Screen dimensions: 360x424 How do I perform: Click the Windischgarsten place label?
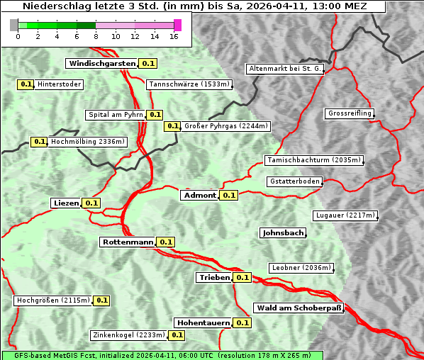(102, 63)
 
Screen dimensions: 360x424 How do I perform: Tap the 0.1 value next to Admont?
(228, 195)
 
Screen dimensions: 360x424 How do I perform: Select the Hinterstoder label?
(60, 84)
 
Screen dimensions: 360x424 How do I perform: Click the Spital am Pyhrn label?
(115, 115)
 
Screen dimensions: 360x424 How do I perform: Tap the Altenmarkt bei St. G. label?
(286, 69)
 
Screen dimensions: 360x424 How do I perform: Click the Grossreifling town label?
(350, 113)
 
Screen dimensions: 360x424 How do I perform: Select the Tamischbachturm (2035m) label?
(313, 160)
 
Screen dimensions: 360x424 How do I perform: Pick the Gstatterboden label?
(295, 181)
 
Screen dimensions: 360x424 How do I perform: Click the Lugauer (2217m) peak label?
(345, 215)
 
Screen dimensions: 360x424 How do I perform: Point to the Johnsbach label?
(283, 232)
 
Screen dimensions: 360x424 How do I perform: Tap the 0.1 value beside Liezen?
(91, 203)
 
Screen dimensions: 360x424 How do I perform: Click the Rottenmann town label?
(128, 242)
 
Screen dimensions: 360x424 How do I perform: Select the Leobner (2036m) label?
(301, 267)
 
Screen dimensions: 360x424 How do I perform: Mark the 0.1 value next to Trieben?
(242, 277)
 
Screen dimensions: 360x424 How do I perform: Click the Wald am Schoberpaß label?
(299, 308)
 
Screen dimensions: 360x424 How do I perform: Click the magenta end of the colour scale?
(177, 25)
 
